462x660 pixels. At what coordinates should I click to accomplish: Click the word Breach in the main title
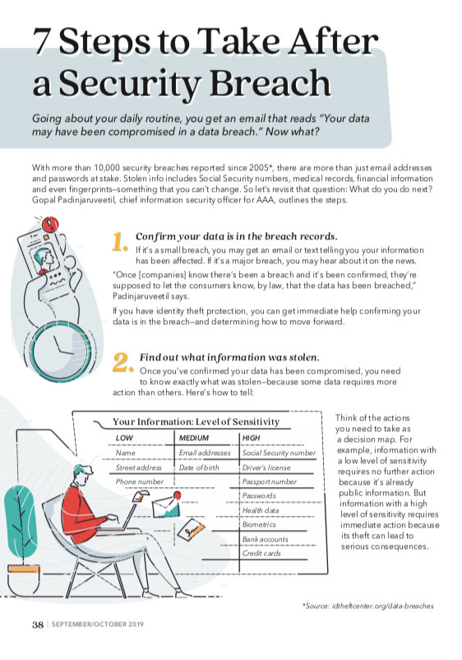pyautogui.click(x=270, y=82)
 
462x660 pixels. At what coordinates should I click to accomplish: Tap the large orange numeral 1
pyautogui.click(x=119, y=242)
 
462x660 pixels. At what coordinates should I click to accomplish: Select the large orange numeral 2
pyautogui.click(x=122, y=362)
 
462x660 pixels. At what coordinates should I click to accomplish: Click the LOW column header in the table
pyautogui.click(x=124, y=438)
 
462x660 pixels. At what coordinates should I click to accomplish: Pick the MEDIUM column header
pyautogui.click(x=194, y=438)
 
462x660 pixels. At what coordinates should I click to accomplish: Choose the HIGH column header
pyautogui.click(x=252, y=438)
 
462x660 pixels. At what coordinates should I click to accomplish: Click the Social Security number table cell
pyautogui.click(x=279, y=453)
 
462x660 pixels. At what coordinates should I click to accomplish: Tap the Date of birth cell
pyautogui.click(x=199, y=467)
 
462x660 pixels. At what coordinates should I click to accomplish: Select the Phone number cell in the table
pyautogui.click(x=140, y=481)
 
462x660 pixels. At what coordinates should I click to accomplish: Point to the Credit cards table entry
pyautogui.click(x=261, y=553)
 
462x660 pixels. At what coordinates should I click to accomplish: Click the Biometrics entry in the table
pyautogui.click(x=259, y=524)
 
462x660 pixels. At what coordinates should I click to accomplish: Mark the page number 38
pyautogui.click(x=38, y=625)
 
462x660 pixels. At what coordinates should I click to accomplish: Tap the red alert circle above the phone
pyautogui.click(x=50, y=224)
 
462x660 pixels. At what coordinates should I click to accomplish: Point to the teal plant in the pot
pyautogui.click(x=21, y=523)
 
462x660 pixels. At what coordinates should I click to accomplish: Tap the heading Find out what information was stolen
pyautogui.click(x=229, y=357)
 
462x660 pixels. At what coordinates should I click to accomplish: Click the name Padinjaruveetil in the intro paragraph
pyautogui.click(x=72, y=199)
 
